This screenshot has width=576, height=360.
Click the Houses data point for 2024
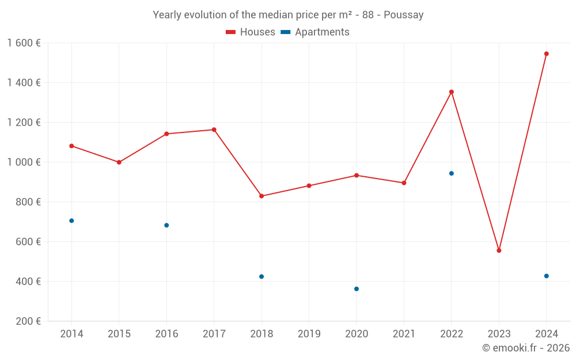click(546, 54)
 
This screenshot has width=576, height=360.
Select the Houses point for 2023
click(499, 251)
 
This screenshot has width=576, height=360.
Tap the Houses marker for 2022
click(452, 92)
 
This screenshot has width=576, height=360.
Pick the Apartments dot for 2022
click(452, 173)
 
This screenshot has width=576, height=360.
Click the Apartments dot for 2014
click(71, 221)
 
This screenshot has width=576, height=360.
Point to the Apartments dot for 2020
click(357, 289)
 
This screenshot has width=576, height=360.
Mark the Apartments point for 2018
click(262, 276)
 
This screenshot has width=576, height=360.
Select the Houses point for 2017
click(214, 130)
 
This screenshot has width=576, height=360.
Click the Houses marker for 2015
click(119, 162)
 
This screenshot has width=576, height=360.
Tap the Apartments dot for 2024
click(546, 276)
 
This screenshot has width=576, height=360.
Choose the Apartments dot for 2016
click(166, 225)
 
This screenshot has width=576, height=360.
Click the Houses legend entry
click(251, 32)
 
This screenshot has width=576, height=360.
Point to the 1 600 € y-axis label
click(24, 43)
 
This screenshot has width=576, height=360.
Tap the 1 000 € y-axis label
click(24, 162)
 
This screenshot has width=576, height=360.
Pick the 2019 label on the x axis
click(309, 334)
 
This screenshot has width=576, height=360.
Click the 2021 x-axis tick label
click(404, 334)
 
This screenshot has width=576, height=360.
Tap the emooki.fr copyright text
click(525, 348)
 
